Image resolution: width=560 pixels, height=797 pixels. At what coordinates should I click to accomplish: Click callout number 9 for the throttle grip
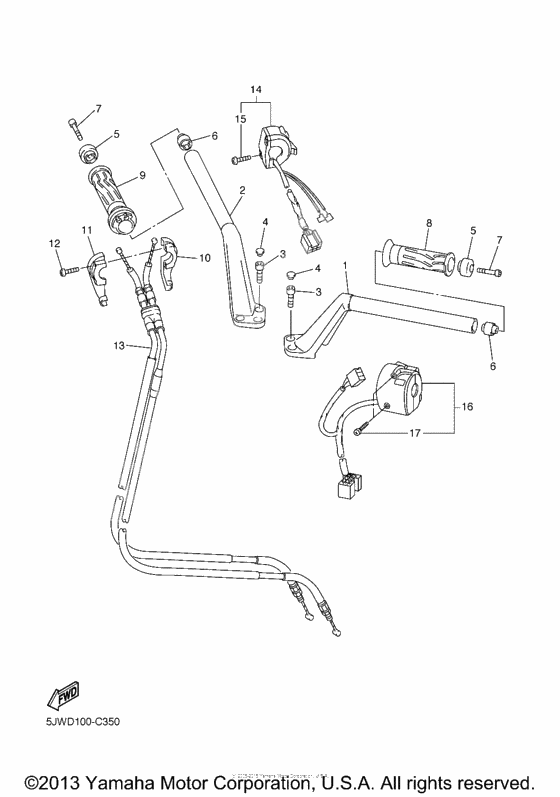[x=142, y=175]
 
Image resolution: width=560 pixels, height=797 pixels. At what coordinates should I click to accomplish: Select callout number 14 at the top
[x=255, y=91]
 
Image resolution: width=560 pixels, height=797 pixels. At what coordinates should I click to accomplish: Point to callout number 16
[x=466, y=407]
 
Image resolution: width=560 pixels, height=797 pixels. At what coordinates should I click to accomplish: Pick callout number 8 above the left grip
[x=428, y=223]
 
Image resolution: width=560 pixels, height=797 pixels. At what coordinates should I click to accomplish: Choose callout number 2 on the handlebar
[x=241, y=189]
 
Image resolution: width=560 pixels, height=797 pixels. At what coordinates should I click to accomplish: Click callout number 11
[x=87, y=231]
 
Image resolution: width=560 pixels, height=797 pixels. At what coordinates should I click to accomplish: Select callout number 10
[x=204, y=257]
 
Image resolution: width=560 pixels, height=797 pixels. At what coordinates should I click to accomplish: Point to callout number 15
[x=240, y=120]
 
